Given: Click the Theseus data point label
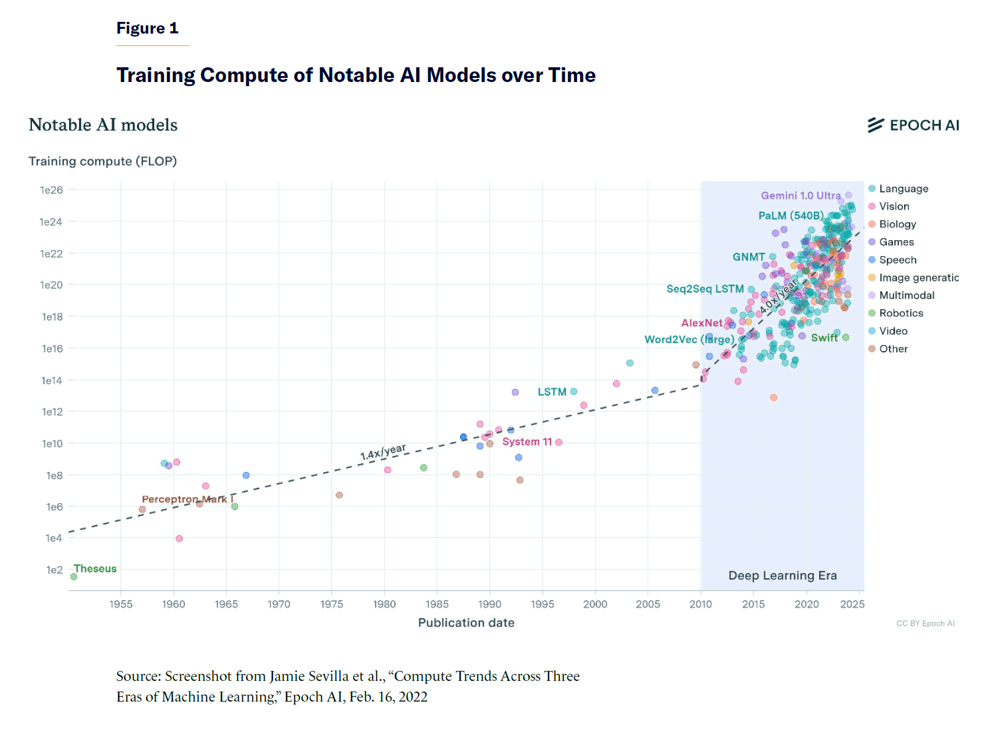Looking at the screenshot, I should coord(95,569).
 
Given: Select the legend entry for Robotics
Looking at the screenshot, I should coord(901,313).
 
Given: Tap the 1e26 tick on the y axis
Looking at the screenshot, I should coord(51,190).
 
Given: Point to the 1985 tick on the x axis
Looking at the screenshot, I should coord(437,604).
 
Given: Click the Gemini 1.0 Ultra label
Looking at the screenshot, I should coord(800,195).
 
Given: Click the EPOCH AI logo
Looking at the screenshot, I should coord(914,125).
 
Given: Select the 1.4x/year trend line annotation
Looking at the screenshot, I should coord(383,452).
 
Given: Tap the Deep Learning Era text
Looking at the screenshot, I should coord(783,575).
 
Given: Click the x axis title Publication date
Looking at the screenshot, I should coord(466,623).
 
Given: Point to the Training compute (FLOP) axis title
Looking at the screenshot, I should coord(103,161).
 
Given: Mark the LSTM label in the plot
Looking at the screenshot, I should coord(552,392).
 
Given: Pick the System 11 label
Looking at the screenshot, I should coord(527,442).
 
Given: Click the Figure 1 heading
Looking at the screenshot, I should coord(147,28).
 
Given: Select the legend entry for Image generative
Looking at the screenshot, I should coord(918,278).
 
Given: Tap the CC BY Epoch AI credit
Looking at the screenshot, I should coord(925,623).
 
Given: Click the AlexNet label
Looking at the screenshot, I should coord(702,323).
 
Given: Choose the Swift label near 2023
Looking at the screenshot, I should coord(824,338).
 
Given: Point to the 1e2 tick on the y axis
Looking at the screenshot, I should coord(54,570).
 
